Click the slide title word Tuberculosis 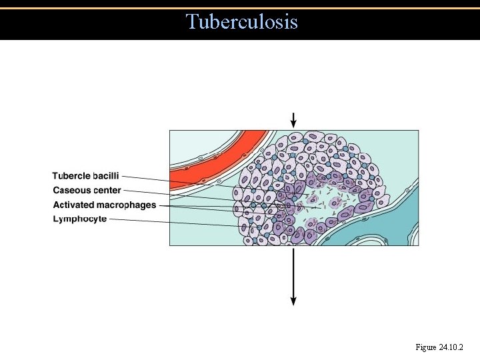(x=242, y=22)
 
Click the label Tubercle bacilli (x=86, y=176)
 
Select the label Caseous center (x=87, y=191)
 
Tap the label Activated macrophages (x=105, y=205)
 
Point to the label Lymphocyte (x=80, y=219)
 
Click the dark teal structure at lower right (x=373, y=230)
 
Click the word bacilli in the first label (x=107, y=176)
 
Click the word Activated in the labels (x=73, y=205)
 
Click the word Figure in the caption (x=426, y=347)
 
